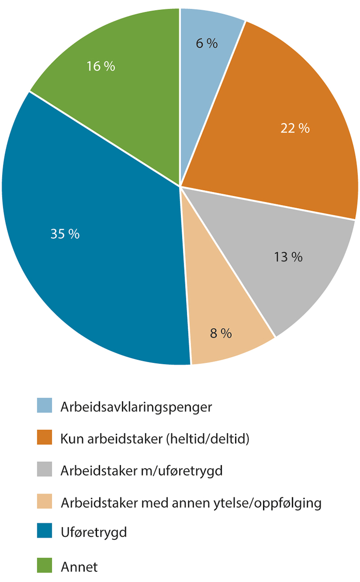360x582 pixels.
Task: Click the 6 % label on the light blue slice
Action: click(x=207, y=44)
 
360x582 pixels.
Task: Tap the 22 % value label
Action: click(x=295, y=129)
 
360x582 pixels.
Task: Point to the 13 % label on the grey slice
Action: click(x=288, y=257)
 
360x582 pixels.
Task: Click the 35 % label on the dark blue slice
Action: click(x=65, y=234)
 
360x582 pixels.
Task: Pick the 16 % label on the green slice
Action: click(x=101, y=67)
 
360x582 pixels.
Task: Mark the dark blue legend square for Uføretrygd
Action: click(x=45, y=532)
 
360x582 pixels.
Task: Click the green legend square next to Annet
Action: click(x=45, y=566)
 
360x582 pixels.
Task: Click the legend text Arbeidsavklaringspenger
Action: click(x=136, y=407)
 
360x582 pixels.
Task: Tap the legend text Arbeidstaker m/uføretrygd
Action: click(x=141, y=471)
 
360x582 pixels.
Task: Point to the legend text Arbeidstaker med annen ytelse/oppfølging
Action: click(x=191, y=503)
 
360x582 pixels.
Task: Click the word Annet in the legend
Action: click(x=79, y=567)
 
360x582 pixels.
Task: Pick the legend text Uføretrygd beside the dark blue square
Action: click(x=94, y=532)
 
